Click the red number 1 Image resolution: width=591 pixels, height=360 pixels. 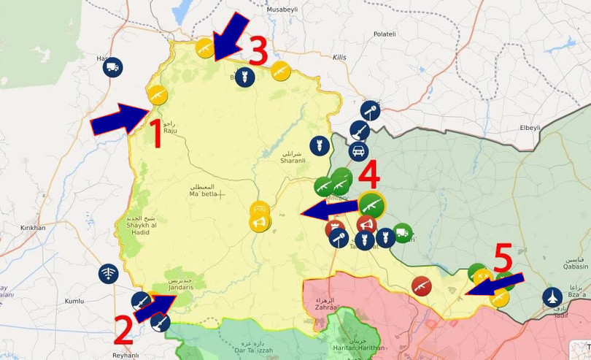154,134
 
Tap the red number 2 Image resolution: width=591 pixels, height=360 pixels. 123,330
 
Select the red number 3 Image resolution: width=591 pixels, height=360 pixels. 259,50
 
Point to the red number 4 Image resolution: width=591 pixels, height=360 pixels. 369,175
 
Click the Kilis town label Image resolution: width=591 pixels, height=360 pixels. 339,57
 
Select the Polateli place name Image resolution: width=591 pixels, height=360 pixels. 385,34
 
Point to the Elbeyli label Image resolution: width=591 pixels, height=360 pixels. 530,127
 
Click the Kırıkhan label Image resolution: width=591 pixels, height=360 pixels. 33,228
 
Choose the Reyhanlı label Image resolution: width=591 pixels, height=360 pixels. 125,355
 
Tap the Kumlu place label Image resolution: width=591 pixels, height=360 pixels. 74,301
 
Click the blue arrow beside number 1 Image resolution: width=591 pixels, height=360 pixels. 120,119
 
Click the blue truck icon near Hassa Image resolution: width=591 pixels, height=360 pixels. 112,68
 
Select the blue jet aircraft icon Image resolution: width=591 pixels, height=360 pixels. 553,297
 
